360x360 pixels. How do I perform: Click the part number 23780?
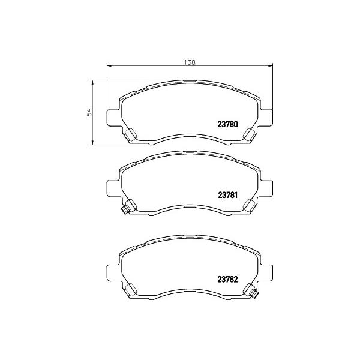click(227, 124)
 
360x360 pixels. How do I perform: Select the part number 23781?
click(227, 195)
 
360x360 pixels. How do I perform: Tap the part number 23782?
click(227, 280)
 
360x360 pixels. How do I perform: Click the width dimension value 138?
click(190, 62)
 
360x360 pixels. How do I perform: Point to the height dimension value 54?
click(89, 112)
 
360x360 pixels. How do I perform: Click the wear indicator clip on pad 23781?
click(125, 209)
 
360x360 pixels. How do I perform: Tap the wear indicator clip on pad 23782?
click(254, 294)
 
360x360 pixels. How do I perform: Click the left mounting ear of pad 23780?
click(113, 118)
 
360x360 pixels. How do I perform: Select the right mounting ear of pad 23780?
click(266, 118)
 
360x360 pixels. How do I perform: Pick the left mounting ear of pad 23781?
click(113, 189)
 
